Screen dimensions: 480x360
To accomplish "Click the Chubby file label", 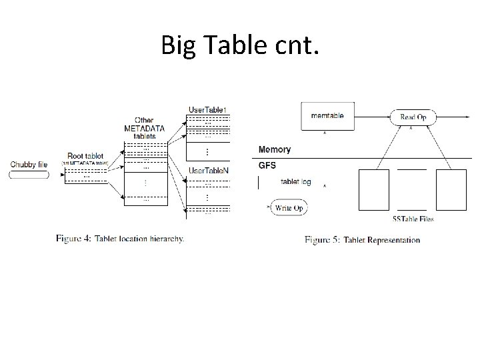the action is pyautogui.click(x=29, y=164).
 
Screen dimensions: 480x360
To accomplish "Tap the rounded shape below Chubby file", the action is pyautogui.click(x=29, y=175).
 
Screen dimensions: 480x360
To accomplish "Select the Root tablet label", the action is pyautogui.click(x=85, y=156).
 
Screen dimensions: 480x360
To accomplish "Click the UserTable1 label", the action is pyautogui.click(x=208, y=109).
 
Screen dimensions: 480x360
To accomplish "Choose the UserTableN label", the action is pyautogui.click(x=208, y=171).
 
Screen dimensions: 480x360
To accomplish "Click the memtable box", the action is pyautogui.click(x=327, y=116).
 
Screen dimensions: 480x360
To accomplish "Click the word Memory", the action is pyautogui.click(x=274, y=149).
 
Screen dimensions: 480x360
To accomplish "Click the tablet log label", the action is pyautogui.click(x=295, y=182).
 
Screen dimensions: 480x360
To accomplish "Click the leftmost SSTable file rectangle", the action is pyautogui.click(x=373, y=189).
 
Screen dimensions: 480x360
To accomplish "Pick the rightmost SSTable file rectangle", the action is pyautogui.click(x=451, y=189).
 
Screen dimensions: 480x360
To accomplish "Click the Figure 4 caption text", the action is pyautogui.click(x=120, y=238).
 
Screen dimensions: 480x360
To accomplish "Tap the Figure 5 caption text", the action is pyautogui.click(x=363, y=239).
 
